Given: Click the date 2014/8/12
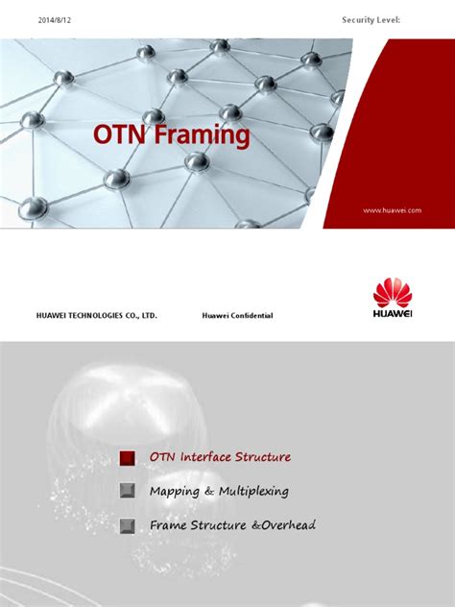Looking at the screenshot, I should click(x=56, y=19).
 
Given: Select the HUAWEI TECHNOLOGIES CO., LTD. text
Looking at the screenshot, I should click(x=96, y=315).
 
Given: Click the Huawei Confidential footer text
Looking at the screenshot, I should click(x=238, y=315).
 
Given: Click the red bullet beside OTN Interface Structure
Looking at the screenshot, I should click(x=128, y=457).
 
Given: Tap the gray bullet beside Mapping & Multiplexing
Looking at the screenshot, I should click(x=128, y=492).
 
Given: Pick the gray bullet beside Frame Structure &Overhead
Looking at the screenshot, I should click(x=128, y=526).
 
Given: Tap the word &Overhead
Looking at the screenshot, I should click(x=280, y=525).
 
